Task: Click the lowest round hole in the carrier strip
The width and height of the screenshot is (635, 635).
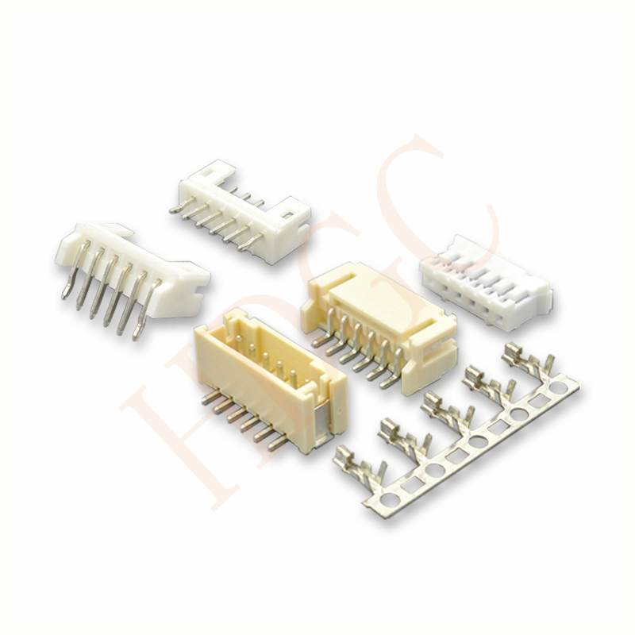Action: tap(389, 498)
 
